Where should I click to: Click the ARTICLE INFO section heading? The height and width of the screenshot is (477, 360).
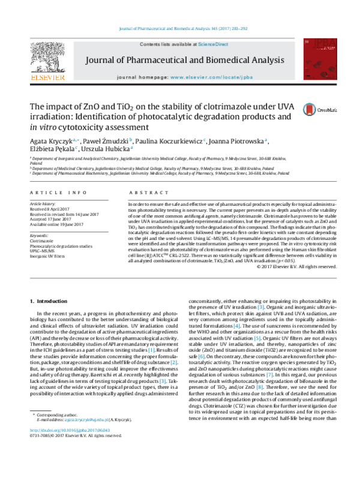pos(58,192)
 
